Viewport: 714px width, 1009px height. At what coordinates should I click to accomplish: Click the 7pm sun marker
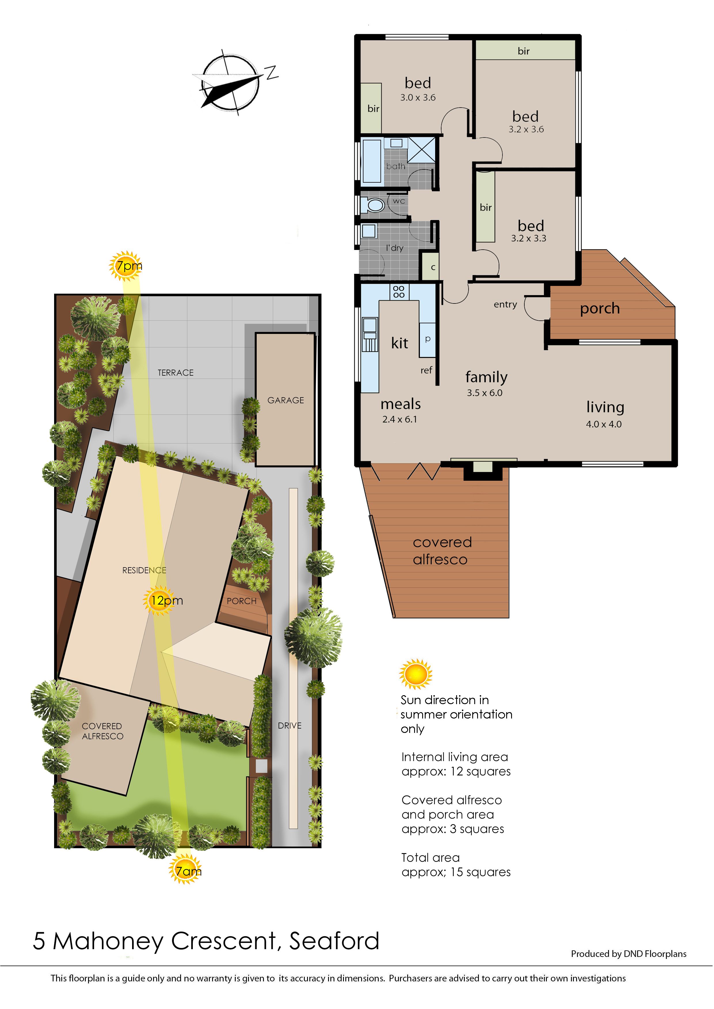(x=126, y=266)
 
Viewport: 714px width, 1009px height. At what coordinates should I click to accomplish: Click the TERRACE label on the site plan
(x=176, y=373)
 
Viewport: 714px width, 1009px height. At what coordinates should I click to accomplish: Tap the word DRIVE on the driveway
(x=290, y=726)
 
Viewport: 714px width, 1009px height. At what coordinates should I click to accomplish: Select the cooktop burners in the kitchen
(x=399, y=291)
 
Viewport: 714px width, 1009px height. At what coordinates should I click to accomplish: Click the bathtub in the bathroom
(x=372, y=161)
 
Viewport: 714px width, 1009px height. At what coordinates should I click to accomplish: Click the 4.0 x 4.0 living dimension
(x=604, y=424)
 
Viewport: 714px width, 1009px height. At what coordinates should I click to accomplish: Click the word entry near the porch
(x=505, y=305)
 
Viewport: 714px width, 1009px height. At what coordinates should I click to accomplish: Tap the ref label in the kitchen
(x=426, y=370)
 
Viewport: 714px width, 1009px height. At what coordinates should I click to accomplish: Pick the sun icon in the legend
(x=416, y=674)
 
